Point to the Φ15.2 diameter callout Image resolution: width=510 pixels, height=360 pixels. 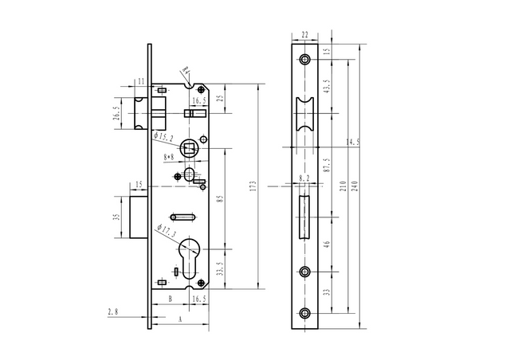(x=163, y=138)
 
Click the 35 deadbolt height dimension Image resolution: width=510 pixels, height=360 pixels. (x=116, y=216)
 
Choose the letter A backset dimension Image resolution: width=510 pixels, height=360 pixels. (x=179, y=318)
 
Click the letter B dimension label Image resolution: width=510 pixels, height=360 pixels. (x=170, y=299)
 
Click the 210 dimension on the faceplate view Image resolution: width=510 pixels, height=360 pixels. (x=343, y=186)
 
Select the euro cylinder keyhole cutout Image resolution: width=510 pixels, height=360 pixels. (x=192, y=255)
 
